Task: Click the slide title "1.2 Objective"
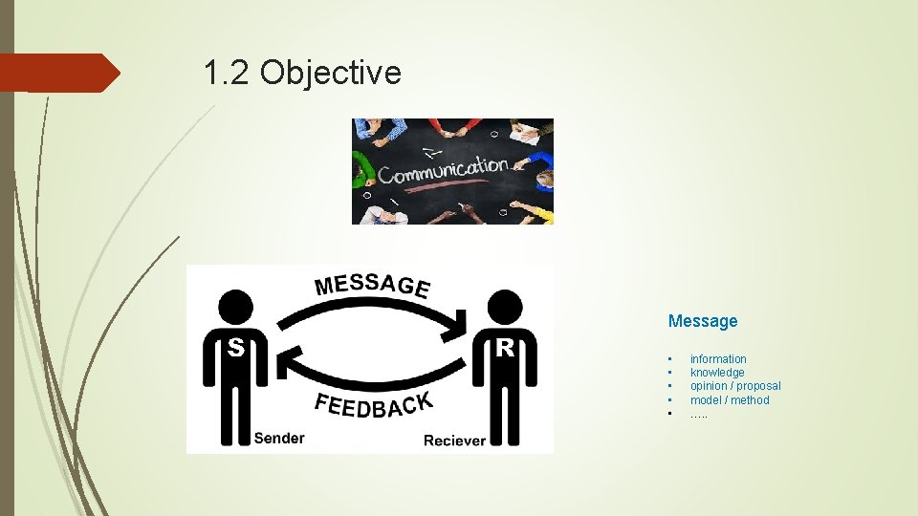click(302, 72)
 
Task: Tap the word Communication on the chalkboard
click(443, 171)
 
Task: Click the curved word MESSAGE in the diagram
click(372, 284)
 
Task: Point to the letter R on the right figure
click(506, 348)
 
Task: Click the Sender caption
click(278, 438)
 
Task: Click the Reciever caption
click(454, 440)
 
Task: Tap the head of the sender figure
click(235, 307)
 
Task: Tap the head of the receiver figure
click(505, 307)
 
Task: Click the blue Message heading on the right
click(703, 321)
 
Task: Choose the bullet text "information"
click(718, 359)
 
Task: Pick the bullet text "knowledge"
click(717, 373)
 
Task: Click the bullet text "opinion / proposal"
click(735, 386)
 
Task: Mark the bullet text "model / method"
click(730, 400)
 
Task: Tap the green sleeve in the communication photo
click(361, 163)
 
